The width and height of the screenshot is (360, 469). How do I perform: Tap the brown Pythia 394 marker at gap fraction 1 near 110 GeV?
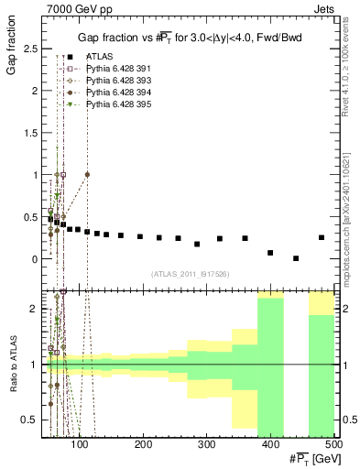[87, 174]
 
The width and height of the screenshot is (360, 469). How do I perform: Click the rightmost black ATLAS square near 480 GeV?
[322, 237]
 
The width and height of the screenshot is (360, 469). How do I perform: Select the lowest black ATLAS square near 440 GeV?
[296, 258]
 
